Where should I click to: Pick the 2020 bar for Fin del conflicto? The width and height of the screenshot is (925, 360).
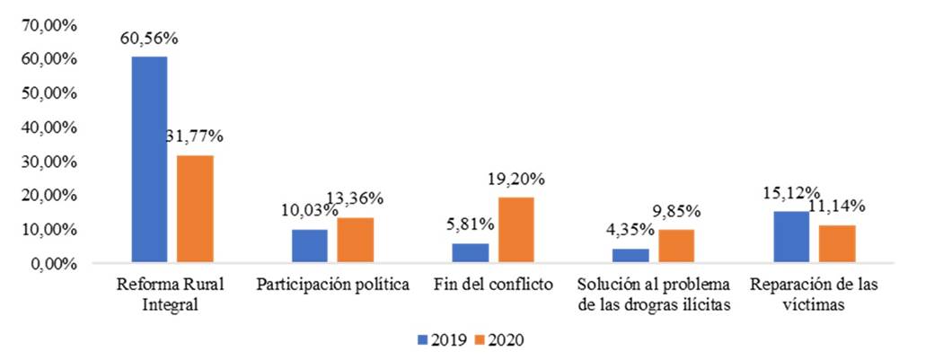pyautogui.click(x=516, y=230)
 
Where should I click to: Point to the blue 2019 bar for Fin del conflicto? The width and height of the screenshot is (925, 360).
pyautogui.click(x=470, y=253)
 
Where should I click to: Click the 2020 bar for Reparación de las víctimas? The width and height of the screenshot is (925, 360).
pyautogui.click(x=837, y=244)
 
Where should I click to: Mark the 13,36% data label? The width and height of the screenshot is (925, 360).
pyautogui.click(x=358, y=198)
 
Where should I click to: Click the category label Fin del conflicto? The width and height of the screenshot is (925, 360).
pyautogui.click(x=493, y=285)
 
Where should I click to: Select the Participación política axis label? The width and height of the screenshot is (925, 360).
pyautogui.click(x=333, y=285)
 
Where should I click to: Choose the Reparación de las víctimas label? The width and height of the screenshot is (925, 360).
pyautogui.click(x=815, y=294)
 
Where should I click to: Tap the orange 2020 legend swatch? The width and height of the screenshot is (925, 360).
pyautogui.click(x=480, y=340)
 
